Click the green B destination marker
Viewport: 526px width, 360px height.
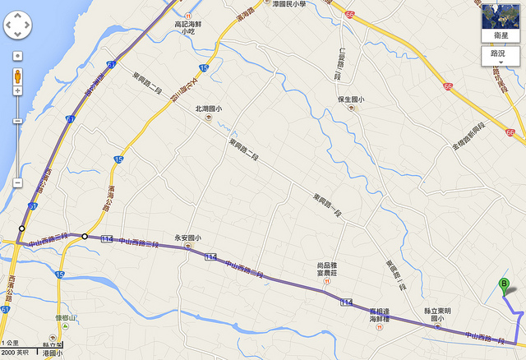click(x=504, y=286)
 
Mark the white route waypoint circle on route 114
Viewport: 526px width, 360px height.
click(x=85, y=237)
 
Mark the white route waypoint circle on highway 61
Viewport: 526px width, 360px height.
click(x=23, y=228)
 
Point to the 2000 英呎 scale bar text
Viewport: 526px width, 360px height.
click(x=15, y=352)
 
